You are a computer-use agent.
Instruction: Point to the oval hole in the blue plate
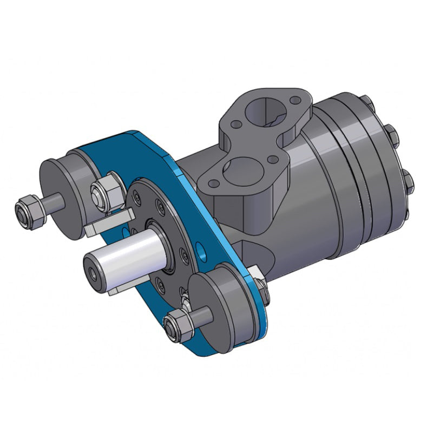click(x=201, y=251)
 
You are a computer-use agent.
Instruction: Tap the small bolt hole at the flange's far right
click(x=294, y=101)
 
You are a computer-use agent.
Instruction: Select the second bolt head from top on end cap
click(x=390, y=133)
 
